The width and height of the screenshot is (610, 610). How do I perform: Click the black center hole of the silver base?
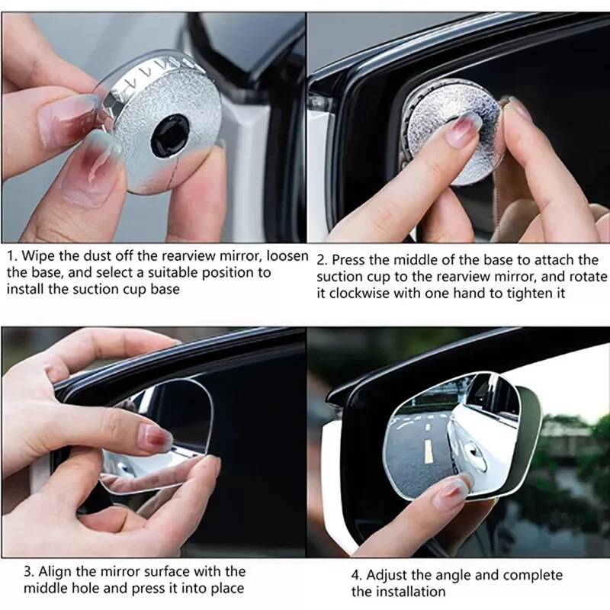point(170,135)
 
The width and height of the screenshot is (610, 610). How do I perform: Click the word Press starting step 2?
point(351,260)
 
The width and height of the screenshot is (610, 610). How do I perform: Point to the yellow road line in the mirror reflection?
point(428,451)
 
